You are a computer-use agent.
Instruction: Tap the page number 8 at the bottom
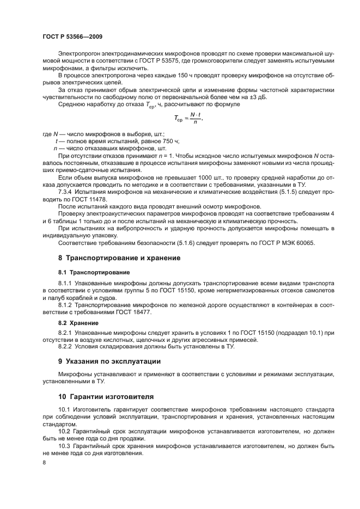(44, 462)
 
